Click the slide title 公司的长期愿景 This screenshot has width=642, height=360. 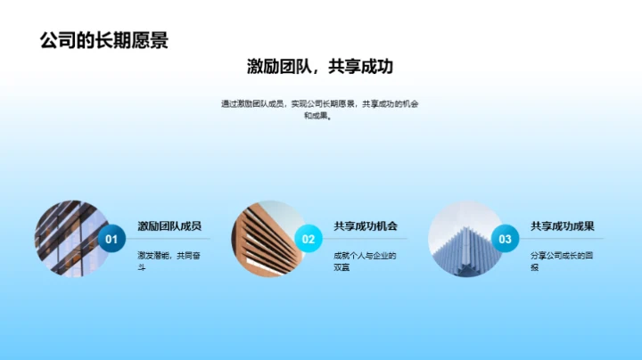pyautogui.click(x=104, y=40)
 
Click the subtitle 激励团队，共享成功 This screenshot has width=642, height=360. pyautogui.click(x=320, y=67)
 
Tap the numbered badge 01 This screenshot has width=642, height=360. pyautogui.click(x=111, y=239)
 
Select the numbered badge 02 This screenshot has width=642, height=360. pyautogui.click(x=309, y=239)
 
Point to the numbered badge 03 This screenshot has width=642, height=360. pyautogui.click(x=505, y=239)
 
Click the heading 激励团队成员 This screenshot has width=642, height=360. pyautogui.click(x=169, y=226)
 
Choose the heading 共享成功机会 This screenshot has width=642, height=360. pyautogui.click(x=366, y=226)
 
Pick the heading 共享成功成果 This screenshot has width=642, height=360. pyautogui.click(x=563, y=226)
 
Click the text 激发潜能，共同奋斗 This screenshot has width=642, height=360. pyautogui.click(x=163, y=261)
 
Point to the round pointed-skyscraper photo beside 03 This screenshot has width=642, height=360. pyautogui.click(x=464, y=238)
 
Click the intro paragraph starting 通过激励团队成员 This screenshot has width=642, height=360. pyautogui.click(x=320, y=110)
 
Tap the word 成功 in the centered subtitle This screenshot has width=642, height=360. pyautogui.click(x=375, y=67)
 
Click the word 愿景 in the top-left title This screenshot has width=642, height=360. pyautogui.click(x=149, y=40)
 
